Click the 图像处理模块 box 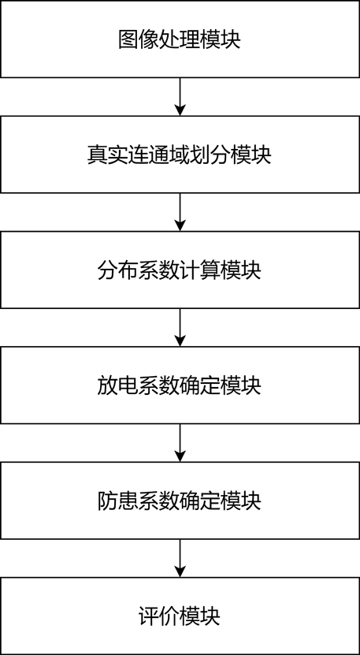[x=180, y=39]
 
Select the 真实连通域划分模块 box [x=180, y=154]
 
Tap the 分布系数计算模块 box [x=180, y=270]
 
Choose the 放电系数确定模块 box [x=180, y=385]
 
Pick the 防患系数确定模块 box [x=180, y=501]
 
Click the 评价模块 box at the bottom [x=180, y=616]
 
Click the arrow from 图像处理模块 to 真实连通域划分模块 [x=180, y=97]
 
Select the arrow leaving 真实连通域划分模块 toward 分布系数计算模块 [x=180, y=212]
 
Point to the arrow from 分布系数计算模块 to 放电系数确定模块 [x=180, y=327]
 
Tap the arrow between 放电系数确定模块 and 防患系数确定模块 [x=180, y=443]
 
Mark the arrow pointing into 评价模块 [x=180, y=558]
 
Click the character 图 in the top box [x=128, y=40]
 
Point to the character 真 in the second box [x=98, y=155]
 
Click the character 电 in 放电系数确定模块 [x=128, y=386]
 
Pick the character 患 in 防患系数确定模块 [x=128, y=501]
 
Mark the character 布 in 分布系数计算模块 [x=128, y=270]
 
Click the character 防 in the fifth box [x=108, y=501]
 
